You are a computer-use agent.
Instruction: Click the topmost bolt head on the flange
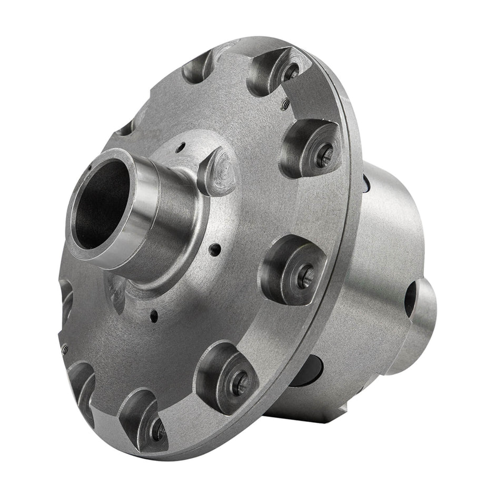pos(289,72)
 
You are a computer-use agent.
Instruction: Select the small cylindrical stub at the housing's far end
pos(416,326)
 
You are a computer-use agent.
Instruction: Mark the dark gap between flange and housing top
pos(367,182)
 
